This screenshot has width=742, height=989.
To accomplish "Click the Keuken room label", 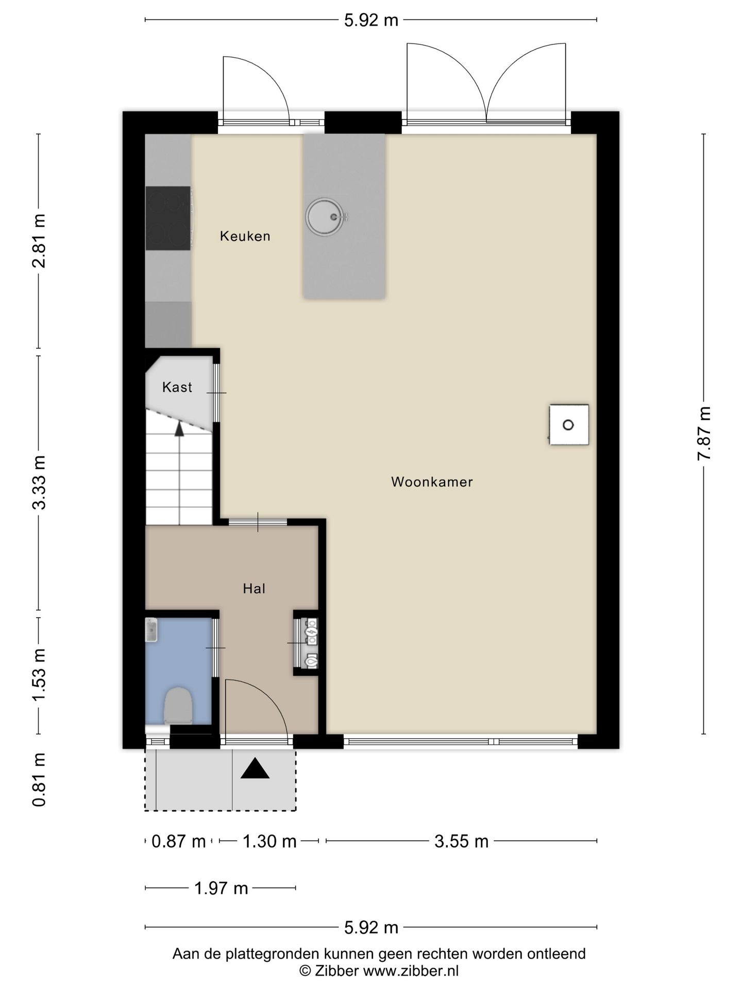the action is tap(245, 236).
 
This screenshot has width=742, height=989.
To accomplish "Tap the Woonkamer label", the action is tap(432, 482).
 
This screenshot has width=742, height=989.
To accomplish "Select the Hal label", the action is tap(254, 588).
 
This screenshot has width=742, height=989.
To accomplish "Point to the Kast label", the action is tap(177, 387).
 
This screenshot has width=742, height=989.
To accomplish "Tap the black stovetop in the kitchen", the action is tap(168, 218).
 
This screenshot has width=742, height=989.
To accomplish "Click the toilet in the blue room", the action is tap(178, 706).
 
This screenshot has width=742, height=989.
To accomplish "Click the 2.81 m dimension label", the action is tap(39, 241).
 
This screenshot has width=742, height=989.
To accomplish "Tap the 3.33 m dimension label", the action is tap(39, 483).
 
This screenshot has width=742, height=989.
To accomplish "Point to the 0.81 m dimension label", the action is tap(39, 779).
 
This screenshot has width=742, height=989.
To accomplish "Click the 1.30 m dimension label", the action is tap(269, 841).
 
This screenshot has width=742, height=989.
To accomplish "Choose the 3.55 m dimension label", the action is tap(461, 841).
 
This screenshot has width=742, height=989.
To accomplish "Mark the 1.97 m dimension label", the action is tap(221, 888).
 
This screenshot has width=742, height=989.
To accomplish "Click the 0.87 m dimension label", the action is tap(179, 841).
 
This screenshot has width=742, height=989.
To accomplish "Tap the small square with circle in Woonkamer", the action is tap(569, 425).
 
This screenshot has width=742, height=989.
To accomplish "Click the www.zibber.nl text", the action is tap(411, 971).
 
